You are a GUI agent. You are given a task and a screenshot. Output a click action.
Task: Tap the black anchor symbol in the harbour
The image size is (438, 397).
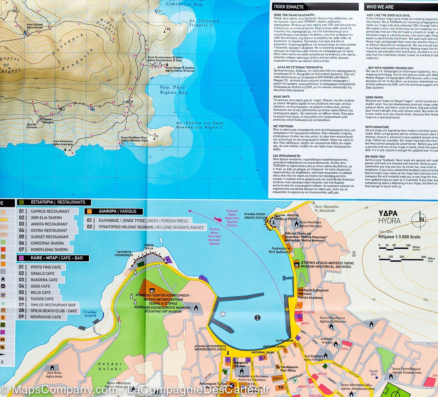coord(257,317)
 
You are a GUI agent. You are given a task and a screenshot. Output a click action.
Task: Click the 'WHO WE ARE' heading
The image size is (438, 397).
coord(380,7)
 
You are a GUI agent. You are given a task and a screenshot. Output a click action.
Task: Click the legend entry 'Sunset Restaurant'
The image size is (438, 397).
coord(50,237)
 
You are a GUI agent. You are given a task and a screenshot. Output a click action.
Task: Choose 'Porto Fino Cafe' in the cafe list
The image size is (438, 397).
coord(46,267)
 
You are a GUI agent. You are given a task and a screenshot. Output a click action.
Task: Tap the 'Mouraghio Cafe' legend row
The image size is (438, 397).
coord(46,317)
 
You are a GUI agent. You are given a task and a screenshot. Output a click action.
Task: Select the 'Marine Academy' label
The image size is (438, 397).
coord(310,297)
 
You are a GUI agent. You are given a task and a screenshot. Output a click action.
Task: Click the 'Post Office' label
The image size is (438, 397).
coord(288,370)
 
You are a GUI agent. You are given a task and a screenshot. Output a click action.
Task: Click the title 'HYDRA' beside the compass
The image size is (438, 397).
coord(389,221)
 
